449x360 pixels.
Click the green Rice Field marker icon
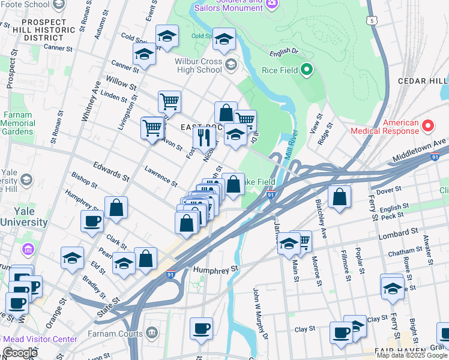click(x=306, y=70)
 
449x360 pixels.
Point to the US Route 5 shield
click(x=373, y=20)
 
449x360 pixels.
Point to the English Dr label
click(x=284, y=52)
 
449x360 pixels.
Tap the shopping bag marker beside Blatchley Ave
click(x=339, y=197)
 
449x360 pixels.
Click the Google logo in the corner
click(x=20, y=353)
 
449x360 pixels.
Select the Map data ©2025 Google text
click(x=412, y=355)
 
